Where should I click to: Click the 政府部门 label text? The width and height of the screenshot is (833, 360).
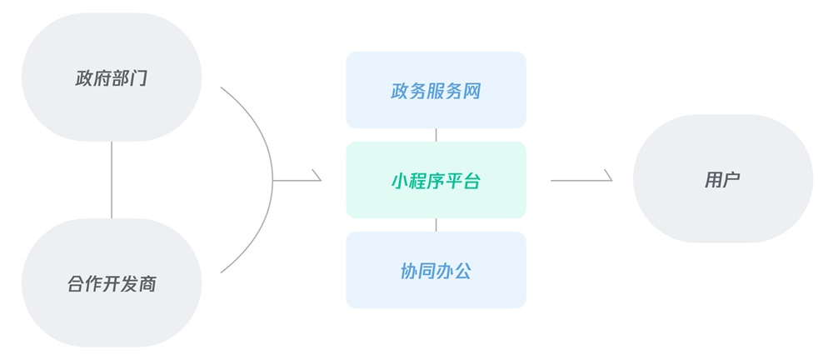[x=112, y=79]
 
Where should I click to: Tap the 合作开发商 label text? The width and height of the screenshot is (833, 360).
[x=112, y=283]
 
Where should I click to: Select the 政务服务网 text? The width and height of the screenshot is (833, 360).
[x=436, y=91]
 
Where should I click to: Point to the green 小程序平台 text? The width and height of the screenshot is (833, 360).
[x=436, y=181]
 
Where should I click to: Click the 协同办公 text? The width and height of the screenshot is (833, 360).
[x=436, y=271]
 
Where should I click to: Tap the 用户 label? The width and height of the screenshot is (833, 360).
[x=722, y=179]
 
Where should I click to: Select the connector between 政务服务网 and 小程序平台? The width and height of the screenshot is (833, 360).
[x=436, y=135]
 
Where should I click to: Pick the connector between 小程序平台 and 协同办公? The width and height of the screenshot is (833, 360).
[x=436, y=225]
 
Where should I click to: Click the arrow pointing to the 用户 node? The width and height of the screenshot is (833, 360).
[x=581, y=179]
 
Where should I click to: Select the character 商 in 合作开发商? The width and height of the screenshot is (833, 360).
[x=147, y=283]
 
